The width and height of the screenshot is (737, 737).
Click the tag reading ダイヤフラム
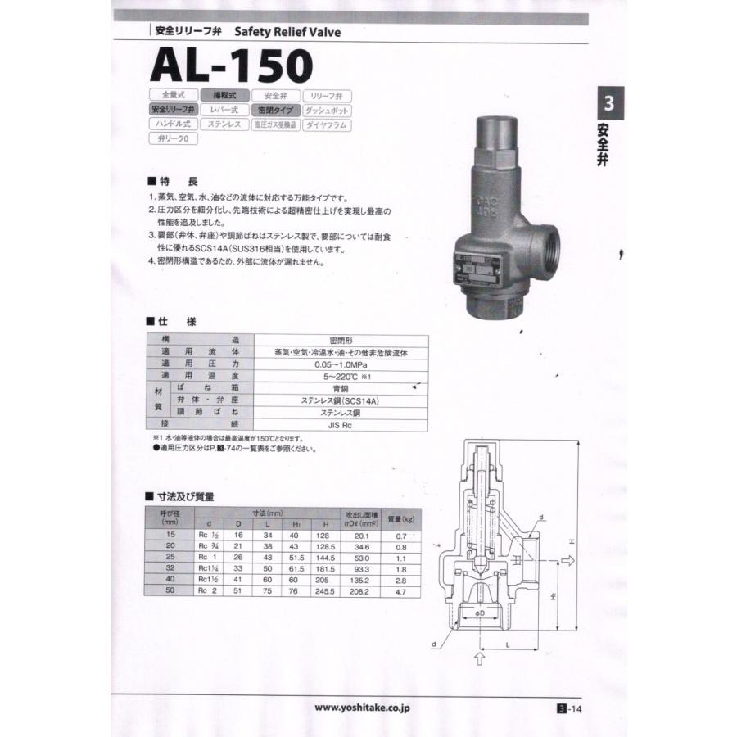(x=327, y=124)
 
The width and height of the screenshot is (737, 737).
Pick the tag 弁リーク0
(x=173, y=139)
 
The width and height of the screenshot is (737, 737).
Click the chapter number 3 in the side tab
(x=608, y=104)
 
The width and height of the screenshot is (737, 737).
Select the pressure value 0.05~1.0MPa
(x=341, y=363)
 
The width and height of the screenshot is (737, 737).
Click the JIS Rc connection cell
(x=341, y=424)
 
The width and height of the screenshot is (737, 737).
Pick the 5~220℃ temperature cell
(x=341, y=375)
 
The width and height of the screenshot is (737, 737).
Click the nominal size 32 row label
(x=170, y=566)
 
